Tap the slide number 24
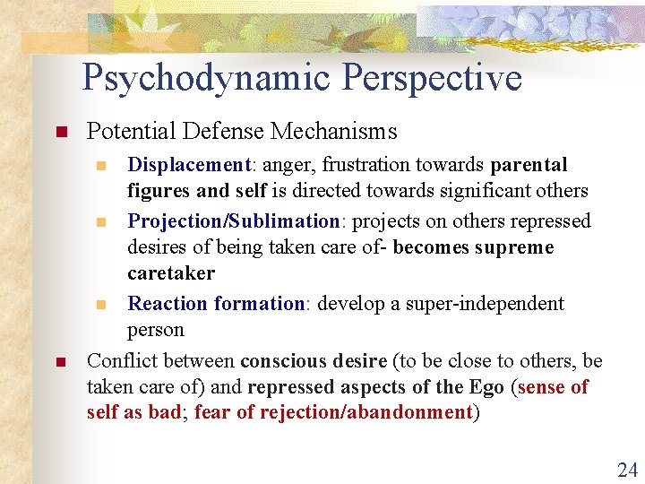[626, 469]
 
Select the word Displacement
[188, 165]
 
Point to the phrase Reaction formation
[216, 303]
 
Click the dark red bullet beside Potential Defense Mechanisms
[61, 133]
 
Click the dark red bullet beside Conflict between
[61, 362]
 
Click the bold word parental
[529, 165]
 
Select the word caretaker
[171, 272]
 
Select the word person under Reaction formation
[156, 329]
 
